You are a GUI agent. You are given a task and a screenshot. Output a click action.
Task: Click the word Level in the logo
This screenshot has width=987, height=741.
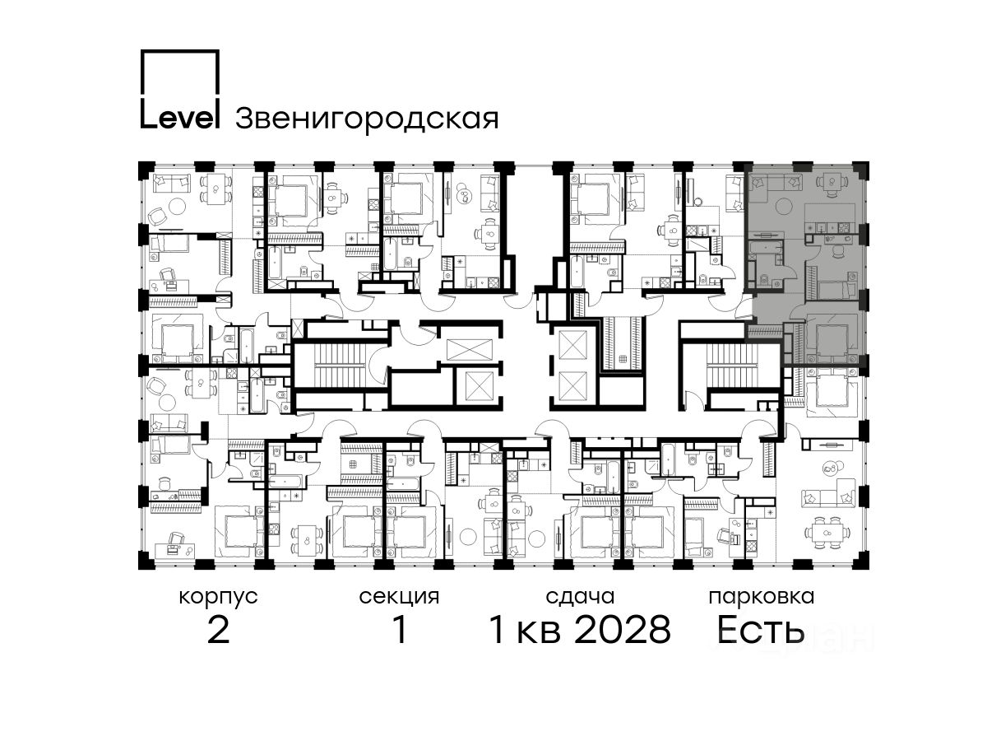pyautogui.click(x=179, y=118)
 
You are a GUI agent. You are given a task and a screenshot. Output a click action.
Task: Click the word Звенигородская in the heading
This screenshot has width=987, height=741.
pyautogui.click(x=367, y=119)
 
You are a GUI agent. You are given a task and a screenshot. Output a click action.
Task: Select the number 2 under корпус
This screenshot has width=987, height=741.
pyautogui.click(x=218, y=630)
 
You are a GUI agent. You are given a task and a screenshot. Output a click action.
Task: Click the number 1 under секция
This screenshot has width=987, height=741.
pyautogui.click(x=400, y=630)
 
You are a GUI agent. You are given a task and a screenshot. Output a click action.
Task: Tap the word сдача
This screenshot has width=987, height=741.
pyautogui.click(x=580, y=597)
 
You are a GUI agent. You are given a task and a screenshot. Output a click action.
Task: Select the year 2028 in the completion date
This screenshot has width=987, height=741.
pyautogui.click(x=623, y=630)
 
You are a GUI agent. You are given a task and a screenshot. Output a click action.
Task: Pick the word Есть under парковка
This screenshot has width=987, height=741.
pyautogui.click(x=760, y=630)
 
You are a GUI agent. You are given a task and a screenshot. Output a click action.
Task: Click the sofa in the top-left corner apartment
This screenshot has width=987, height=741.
pyautogui.click(x=171, y=183)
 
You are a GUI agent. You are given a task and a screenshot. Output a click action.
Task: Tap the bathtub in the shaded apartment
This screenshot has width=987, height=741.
pyautogui.click(x=768, y=248)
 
